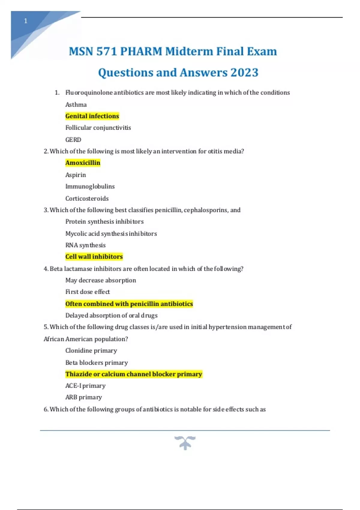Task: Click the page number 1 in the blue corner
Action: click(x=26, y=21)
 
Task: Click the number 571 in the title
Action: click(x=106, y=52)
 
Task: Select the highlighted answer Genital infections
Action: click(x=92, y=116)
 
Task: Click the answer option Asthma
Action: click(x=76, y=105)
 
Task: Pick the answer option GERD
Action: click(x=73, y=140)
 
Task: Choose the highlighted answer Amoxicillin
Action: click(x=83, y=163)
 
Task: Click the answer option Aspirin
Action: click(x=76, y=175)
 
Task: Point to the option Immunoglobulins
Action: click(x=90, y=187)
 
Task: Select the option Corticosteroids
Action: click(x=87, y=199)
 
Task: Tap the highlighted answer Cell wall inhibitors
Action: click(x=94, y=257)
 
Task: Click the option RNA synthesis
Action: click(x=85, y=245)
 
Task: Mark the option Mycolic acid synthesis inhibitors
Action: click(x=111, y=234)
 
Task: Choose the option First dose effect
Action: click(x=88, y=292)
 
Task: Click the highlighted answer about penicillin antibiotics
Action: click(x=129, y=304)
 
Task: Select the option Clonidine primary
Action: click(x=91, y=351)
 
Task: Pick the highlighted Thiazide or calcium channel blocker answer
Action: click(x=134, y=374)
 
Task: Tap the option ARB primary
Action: click(x=84, y=397)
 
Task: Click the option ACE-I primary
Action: click(x=85, y=386)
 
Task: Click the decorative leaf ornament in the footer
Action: click(x=185, y=443)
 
